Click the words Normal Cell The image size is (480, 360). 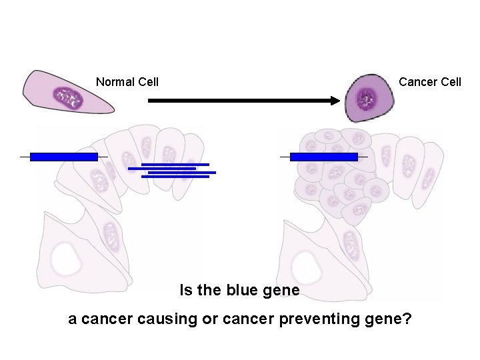coord(127,82)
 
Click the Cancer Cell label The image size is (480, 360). coord(429,82)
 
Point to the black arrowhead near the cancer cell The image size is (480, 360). coord(335,101)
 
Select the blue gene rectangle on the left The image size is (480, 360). coord(64,157)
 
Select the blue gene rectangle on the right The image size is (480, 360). coord(324,157)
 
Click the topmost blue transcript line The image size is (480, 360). coord(175,164)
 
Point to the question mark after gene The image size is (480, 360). coord(407,319)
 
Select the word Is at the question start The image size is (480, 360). coord(185,291)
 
